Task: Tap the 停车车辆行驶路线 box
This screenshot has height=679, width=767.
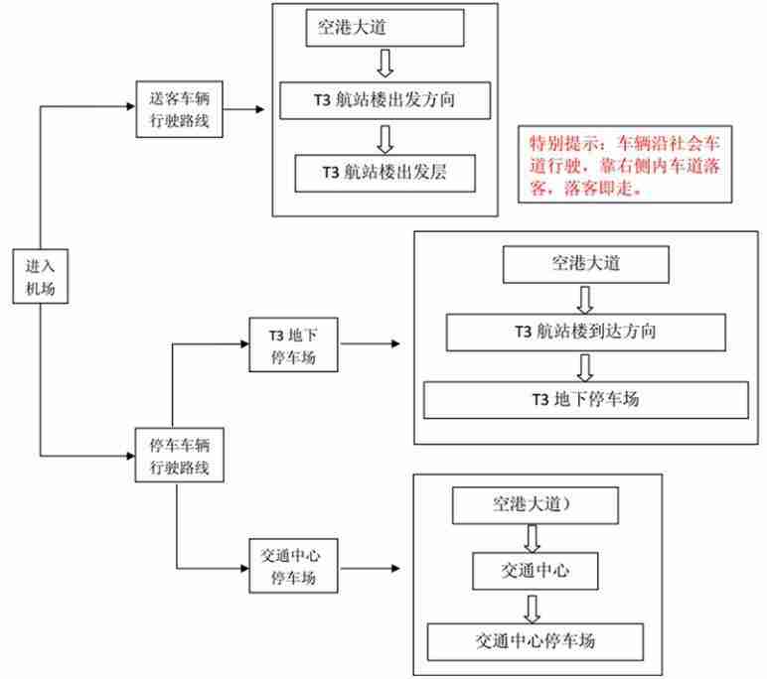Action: pyautogui.click(x=180, y=455)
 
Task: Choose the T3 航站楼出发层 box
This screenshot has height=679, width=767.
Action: pyautogui.click(x=385, y=172)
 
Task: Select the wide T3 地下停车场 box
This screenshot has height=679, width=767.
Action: pyautogui.click(x=585, y=399)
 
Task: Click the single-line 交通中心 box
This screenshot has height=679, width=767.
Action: pyautogui.click(x=535, y=570)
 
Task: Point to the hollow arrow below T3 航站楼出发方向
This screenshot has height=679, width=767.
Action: pyautogui.click(x=385, y=137)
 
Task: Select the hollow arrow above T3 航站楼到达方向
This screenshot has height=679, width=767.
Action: pyautogui.click(x=585, y=298)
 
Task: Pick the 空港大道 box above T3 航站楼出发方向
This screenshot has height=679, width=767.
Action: pyautogui.click(x=385, y=29)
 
